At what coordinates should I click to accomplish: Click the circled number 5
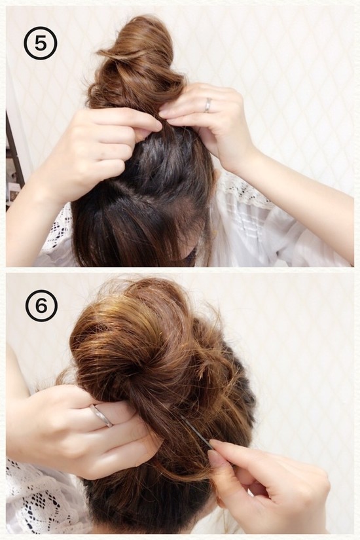41,44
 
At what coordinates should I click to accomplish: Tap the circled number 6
41,306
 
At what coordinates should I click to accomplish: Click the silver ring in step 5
207,105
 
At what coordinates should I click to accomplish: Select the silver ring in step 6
101,416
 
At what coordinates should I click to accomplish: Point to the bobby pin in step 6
196,432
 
